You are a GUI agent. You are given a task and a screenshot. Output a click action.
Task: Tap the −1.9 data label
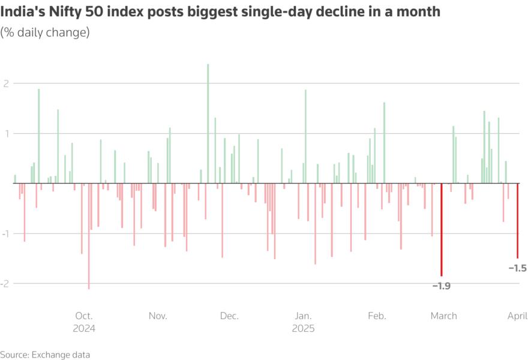[x=441, y=286]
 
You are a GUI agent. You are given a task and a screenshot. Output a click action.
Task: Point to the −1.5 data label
[x=517, y=268]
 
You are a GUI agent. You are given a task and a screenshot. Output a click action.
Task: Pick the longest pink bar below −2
[x=89, y=236]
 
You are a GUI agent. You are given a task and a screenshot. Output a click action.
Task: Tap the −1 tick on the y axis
[x=5, y=233]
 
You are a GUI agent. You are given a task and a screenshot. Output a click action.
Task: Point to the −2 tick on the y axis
[x=5, y=283]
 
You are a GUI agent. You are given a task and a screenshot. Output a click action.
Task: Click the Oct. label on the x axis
[x=83, y=316]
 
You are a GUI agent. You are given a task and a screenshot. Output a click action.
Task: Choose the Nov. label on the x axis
[x=157, y=316]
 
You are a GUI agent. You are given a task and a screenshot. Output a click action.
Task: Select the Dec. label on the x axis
[x=229, y=316]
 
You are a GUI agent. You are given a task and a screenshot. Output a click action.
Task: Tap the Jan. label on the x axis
[x=303, y=316]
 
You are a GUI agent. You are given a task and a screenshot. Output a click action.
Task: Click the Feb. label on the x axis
[x=377, y=316]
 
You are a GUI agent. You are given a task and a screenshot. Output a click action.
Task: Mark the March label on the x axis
[x=443, y=316]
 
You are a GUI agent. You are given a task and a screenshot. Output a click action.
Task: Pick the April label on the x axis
[x=517, y=316]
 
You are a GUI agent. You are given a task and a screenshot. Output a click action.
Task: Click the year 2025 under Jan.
[x=303, y=329]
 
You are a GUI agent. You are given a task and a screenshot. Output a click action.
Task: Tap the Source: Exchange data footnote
[x=45, y=355]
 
